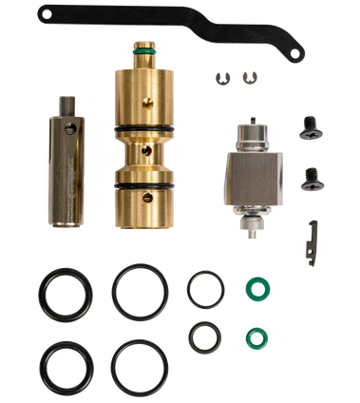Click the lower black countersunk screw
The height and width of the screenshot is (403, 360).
coord(309,178)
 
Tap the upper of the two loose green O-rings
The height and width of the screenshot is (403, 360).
coord(254,287)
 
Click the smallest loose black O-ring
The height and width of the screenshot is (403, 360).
coord(203,336)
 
